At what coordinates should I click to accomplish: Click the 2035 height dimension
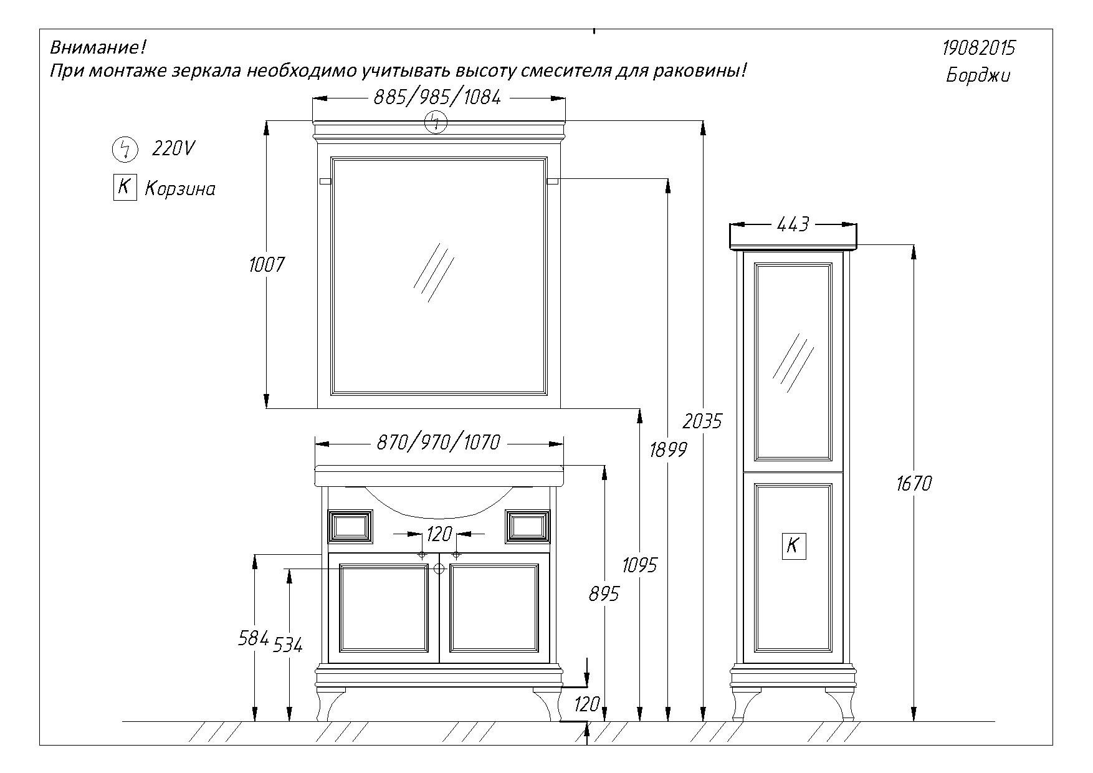click(x=702, y=421)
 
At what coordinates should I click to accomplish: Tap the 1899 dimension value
click(x=667, y=449)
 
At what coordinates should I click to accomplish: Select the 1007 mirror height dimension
click(x=266, y=265)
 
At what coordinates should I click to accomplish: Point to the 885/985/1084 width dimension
click(x=437, y=97)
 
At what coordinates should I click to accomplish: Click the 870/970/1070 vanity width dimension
click(x=438, y=443)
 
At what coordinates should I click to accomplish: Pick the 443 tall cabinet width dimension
click(x=793, y=224)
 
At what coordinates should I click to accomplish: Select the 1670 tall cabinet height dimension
click(x=914, y=483)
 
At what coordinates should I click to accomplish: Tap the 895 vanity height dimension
click(x=604, y=594)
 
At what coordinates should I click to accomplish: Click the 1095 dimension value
click(x=640, y=565)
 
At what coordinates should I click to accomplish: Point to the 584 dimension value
click(x=254, y=638)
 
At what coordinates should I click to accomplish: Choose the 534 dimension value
click(x=289, y=645)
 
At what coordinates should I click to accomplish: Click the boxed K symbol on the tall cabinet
click(x=793, y=546)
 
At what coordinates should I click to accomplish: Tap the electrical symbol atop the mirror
click(x=436, y=122)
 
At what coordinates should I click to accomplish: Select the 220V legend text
click(x=173, y=148)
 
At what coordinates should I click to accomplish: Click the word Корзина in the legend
click(x=180, y=189)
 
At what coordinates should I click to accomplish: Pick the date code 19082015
click(x=978, y=48)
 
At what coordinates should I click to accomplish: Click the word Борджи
click(x=978, y=75)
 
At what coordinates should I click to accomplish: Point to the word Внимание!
click(x=97, y=47)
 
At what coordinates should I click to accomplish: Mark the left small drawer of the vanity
click(x=350, y=527)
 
